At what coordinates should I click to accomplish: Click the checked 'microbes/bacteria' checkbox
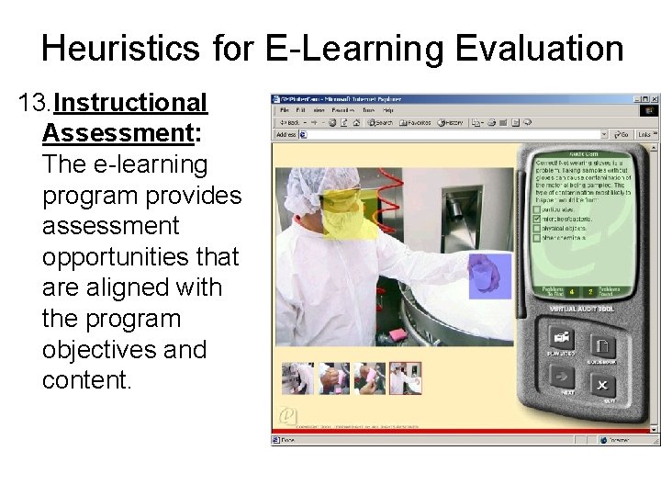pyautogui.click(x=537, y=220)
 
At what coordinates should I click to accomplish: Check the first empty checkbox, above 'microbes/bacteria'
pyautogui.click(x=537, y=209)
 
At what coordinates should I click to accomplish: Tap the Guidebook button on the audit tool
pyautogui.click(x=603, y=346)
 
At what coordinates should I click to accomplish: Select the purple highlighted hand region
pyautogui.click(x=489, y=276)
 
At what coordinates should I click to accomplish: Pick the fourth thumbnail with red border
pyautogui.click(x=405, y=378)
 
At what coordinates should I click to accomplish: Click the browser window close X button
pyautogui.click(x=655, y=99)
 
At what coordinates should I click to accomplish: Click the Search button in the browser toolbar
pyautogui.click(x=380, y=122)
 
